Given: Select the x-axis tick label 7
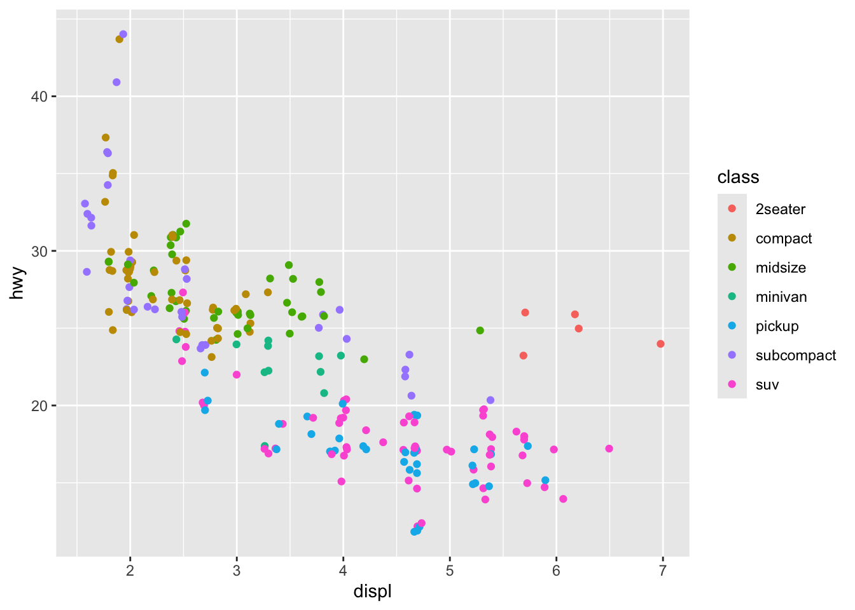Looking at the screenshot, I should coord(662,571).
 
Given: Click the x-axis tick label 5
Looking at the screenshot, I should coord(450,571).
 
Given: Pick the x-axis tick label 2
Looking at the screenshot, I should coord(130,571).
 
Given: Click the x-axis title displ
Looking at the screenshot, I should coord(373,592).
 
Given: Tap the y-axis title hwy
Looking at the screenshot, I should coord(18,283).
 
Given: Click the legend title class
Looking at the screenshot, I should coord(738,177).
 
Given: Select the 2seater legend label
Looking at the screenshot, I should coord(780,210).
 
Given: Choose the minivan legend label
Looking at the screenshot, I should coord(781,297).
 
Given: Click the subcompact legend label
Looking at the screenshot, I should coord(795,356).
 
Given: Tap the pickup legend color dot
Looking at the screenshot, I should coord(732,326).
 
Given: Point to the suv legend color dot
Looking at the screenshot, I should coord(732,384).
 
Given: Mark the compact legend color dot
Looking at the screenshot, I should coord(732,238).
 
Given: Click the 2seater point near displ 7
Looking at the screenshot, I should coord(660,344).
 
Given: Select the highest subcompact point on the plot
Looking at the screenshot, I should coord(123,34).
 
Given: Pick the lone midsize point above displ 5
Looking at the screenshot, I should coord(480,330).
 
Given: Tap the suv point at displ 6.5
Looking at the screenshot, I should coord(609,449).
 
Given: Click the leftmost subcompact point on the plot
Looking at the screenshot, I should coord(85,204).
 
